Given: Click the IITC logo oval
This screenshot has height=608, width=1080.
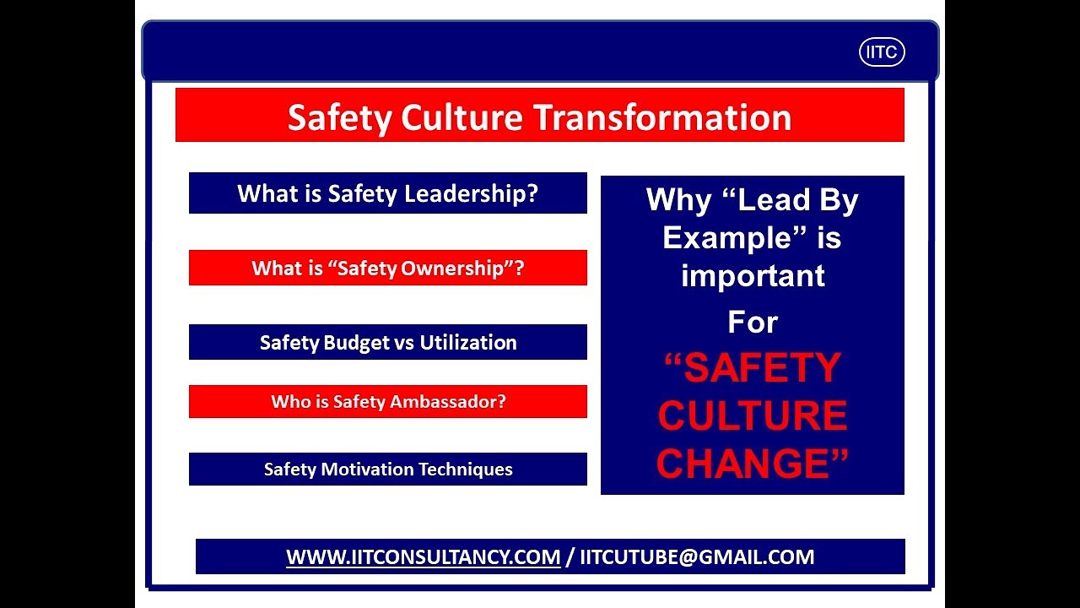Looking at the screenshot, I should tap(882, 52).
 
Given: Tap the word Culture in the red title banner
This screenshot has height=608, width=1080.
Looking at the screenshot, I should tap(451, 117).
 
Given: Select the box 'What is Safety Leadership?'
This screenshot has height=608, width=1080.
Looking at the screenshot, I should tap(387, 193).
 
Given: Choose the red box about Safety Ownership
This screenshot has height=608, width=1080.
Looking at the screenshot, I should tap(387, 269).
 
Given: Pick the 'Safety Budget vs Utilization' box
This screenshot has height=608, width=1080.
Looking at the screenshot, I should tap(387, 342).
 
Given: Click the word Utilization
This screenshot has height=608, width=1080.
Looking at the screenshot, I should tap(468, 342).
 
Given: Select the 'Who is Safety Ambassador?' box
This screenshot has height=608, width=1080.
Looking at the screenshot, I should tap(387, 402).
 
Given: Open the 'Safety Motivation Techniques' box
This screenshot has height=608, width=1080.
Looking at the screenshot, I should tap(387, 470).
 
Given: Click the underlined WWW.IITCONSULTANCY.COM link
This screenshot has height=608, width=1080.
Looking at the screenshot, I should tap(423, 557).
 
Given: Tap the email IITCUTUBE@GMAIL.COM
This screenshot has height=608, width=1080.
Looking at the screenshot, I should tap(696, 557).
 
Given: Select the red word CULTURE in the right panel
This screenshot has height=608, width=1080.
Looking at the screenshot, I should tap(752, 415).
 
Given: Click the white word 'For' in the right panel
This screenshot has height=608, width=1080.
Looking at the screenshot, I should tap(752, 322).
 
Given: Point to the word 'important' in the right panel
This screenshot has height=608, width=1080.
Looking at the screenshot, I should tap(752, 275).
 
